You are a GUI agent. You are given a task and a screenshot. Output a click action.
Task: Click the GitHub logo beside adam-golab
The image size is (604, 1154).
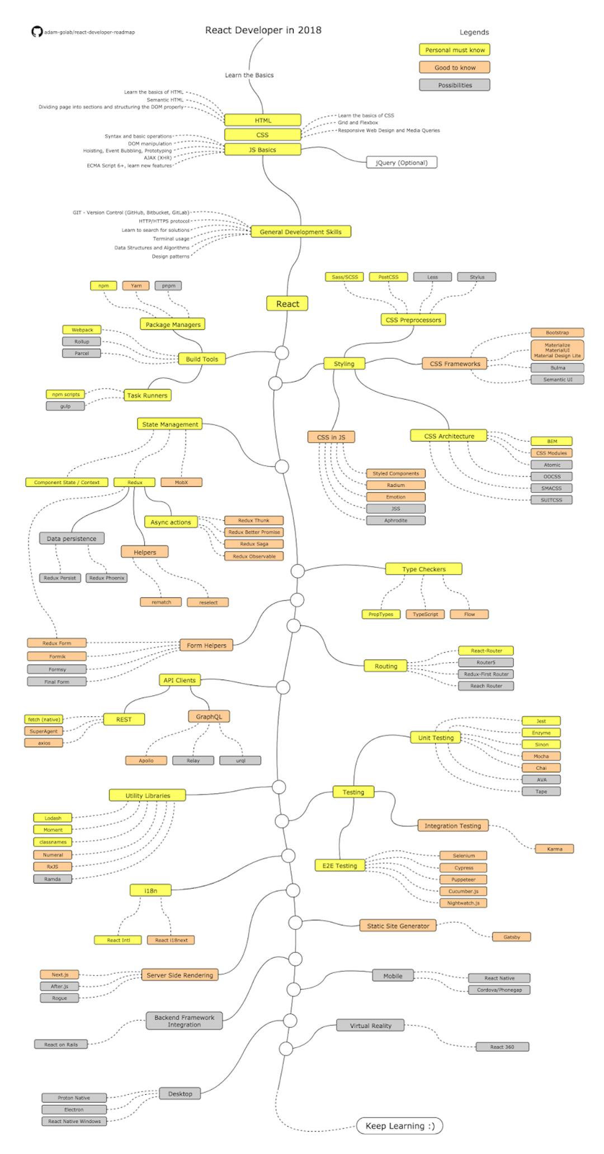[x=37, y=32]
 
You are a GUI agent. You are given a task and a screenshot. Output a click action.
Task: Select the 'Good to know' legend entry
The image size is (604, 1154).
[x=455, y=68]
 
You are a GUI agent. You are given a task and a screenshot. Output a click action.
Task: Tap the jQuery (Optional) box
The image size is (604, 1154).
[x=402, y=163]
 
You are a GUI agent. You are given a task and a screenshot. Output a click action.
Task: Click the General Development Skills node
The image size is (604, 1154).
[x=300, y=232]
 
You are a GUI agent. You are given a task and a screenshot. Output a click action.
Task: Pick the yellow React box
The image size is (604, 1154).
[x=287, y=304]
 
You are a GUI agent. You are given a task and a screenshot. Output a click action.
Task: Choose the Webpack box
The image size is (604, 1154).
[x=82, y=330]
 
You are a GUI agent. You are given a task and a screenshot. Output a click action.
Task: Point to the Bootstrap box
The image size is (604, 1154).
[x=557, y=333]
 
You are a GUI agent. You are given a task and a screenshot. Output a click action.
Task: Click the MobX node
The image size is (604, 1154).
[x=181, y=482]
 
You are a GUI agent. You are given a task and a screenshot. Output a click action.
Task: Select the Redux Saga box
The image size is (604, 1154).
[x=254, y=544]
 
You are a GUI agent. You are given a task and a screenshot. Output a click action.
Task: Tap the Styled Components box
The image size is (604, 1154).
[x=395, y=473]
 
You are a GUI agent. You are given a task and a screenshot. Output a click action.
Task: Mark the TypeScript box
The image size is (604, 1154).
[x=425, y=614]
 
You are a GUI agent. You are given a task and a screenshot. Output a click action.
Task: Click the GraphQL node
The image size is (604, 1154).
[x=209, y=716]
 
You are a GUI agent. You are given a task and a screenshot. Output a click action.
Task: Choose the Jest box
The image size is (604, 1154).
[x=541, y=721]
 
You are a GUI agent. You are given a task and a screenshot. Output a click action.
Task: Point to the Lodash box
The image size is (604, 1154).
[x=53, y=818]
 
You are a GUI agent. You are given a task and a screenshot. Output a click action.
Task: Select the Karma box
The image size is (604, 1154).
[x=554, y=849]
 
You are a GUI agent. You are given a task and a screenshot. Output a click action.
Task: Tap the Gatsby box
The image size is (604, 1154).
[x=511, y=937]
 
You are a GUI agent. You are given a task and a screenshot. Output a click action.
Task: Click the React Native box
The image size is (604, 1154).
[x=499, y=978]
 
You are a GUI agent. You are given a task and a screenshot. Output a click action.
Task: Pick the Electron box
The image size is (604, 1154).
[x=74, y=1109]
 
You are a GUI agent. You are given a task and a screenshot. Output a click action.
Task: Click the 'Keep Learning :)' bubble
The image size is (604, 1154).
[x=399, y=1125]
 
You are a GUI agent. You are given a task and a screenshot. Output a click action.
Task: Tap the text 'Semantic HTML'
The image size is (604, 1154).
[x=165, y=99]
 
